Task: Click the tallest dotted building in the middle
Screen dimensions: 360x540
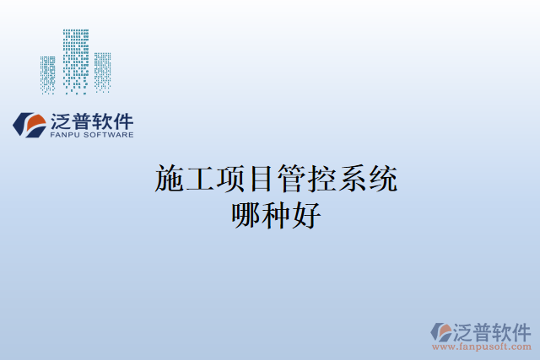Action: click(76, 61)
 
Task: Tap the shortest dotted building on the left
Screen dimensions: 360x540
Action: click(48, 74)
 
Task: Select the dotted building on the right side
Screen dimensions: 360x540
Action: click(102, 73)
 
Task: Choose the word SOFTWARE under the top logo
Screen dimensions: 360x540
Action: click(111, 135)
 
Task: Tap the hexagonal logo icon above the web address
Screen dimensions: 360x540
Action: click(441, 331)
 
